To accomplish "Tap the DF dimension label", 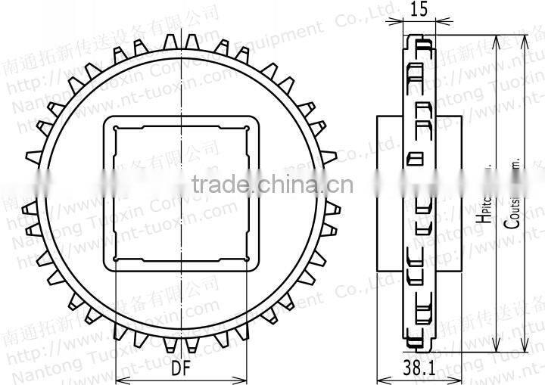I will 181,370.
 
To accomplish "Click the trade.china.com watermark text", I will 272,184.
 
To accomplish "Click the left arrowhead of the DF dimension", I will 118,377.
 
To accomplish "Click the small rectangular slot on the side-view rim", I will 414,158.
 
